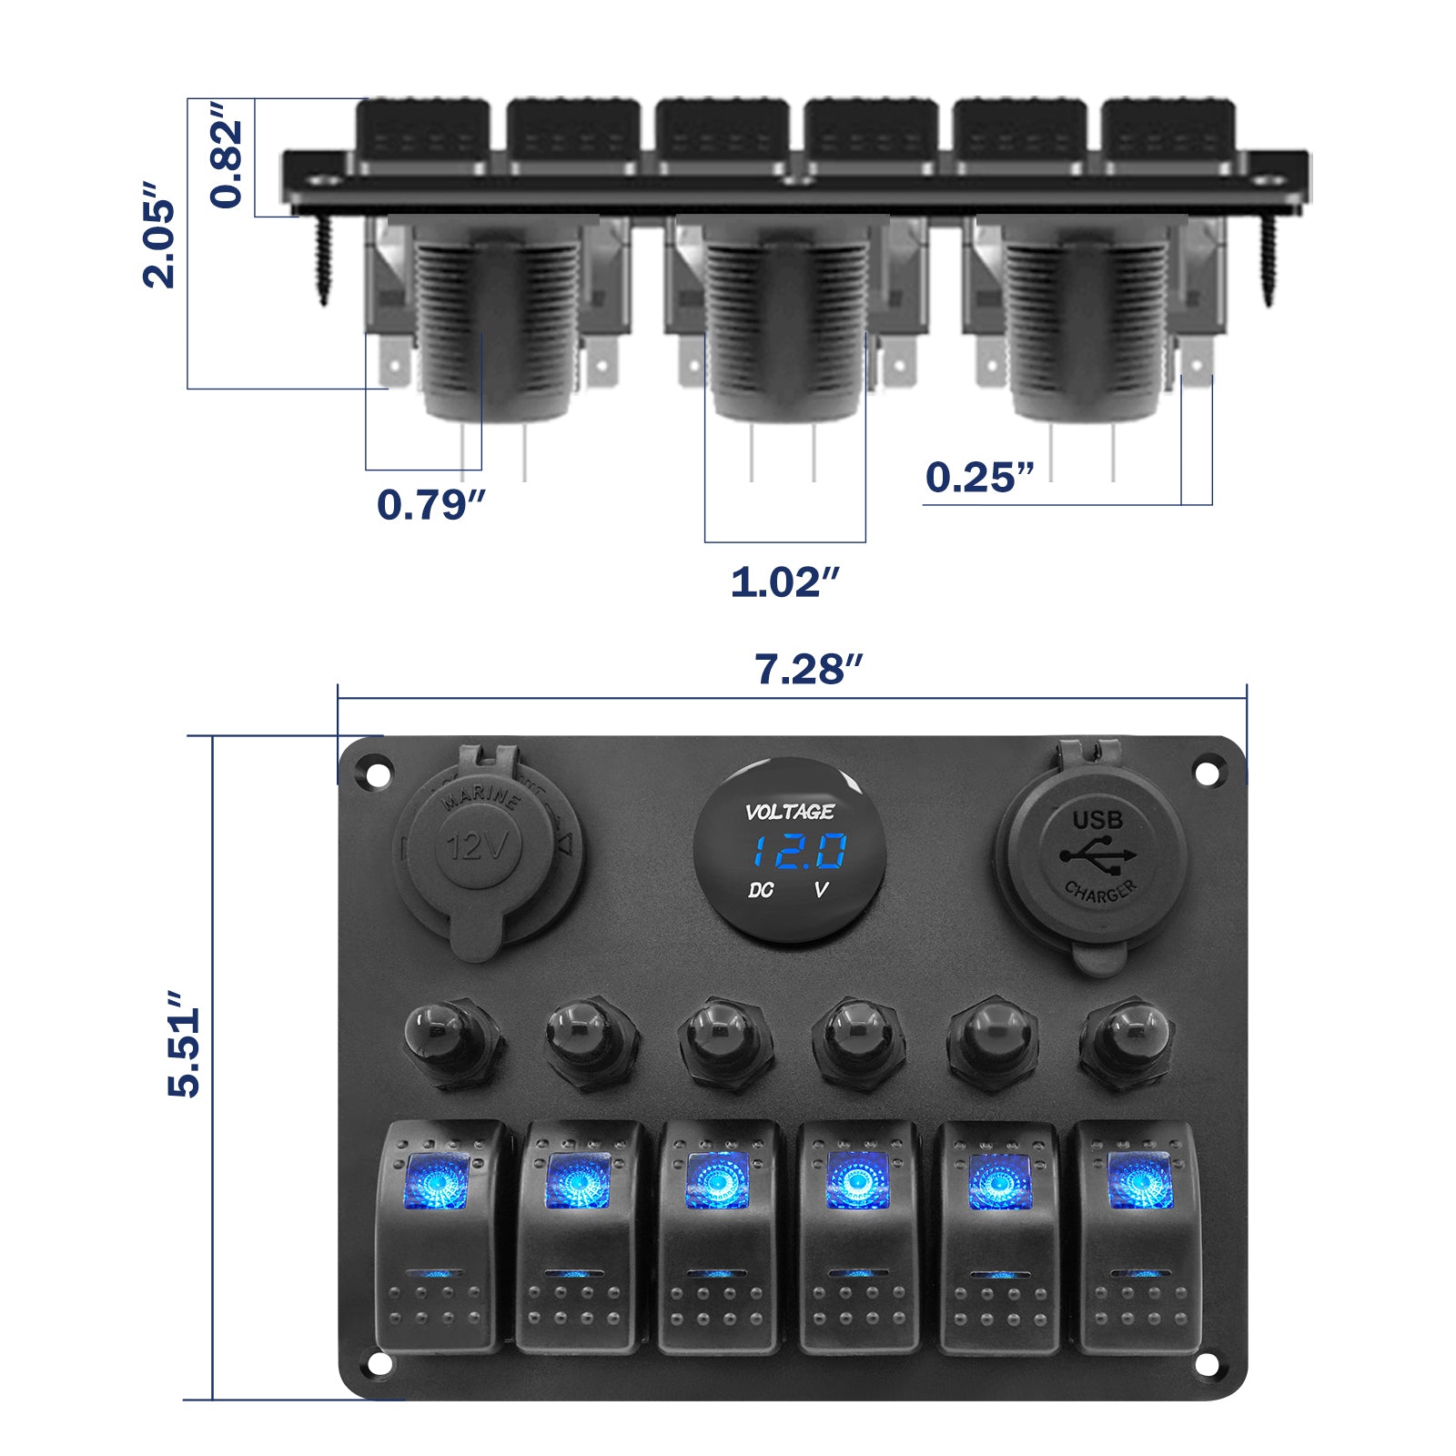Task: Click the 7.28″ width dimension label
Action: coord(807,670)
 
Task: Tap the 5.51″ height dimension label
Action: coord(185,1045)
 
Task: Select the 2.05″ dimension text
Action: coord(159,235)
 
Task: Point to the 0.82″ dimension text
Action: coord(227,155)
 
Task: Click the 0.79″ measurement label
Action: coord(430,505)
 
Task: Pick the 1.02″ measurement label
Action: coord(784,582)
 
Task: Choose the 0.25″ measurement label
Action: coord(979,478)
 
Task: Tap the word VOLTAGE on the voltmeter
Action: coord(789,812)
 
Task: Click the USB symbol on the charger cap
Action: coord(1097,856)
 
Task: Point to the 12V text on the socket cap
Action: coord(477,847)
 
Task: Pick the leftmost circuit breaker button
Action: coord(452,1042)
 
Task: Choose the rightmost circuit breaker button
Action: coord(1127,1042)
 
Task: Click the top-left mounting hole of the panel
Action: coord(377,774)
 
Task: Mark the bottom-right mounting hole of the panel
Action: coord(1206,1364)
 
